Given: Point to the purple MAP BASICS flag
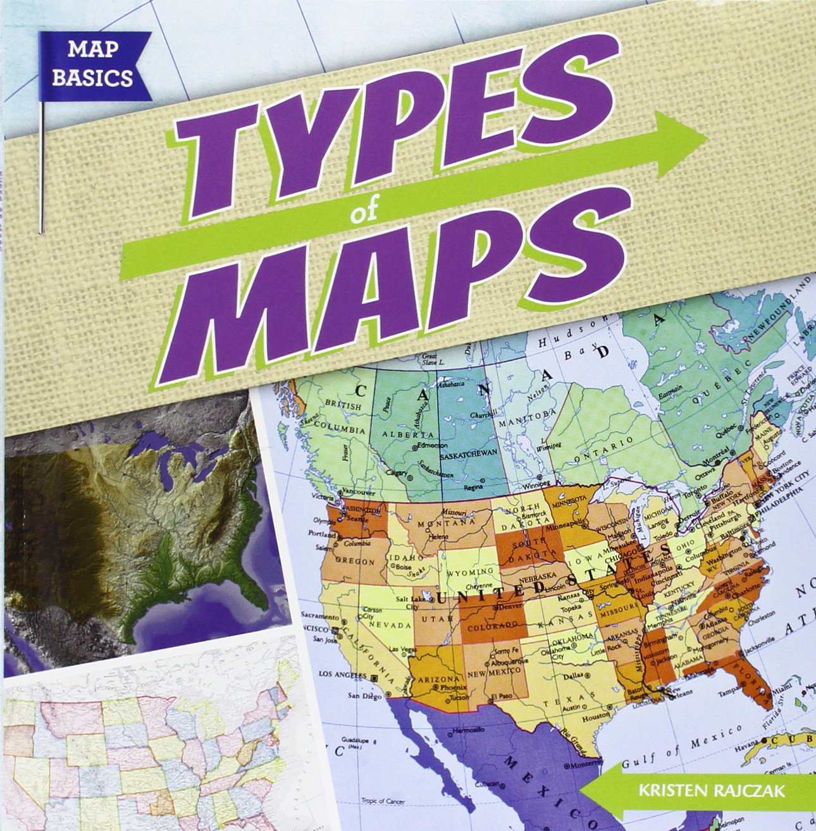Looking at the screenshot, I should point(93,67).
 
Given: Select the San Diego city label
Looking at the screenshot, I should point(365,697).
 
